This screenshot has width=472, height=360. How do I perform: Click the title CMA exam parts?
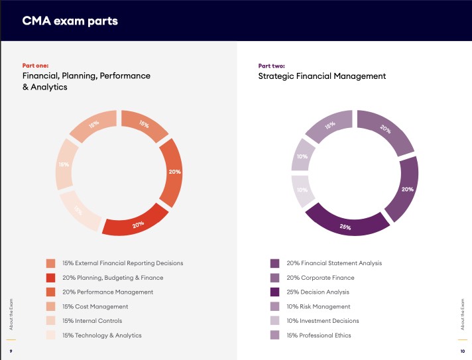70,21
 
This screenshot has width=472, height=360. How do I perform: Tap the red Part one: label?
36,66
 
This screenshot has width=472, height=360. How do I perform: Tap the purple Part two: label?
272,66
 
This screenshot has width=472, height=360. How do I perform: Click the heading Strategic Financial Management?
322,76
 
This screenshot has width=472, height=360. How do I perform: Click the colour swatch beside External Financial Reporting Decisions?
51,263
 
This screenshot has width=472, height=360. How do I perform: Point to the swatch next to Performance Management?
51,292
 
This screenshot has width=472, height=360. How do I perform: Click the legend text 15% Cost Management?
95,306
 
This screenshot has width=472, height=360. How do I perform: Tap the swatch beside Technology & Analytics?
51,335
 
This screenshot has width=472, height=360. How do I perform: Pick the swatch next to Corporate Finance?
275,278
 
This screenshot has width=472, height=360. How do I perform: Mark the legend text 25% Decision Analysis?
318,292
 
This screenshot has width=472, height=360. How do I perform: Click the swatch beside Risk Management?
275,306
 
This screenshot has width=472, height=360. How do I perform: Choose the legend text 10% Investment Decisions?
322,321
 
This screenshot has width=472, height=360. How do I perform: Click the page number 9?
10,351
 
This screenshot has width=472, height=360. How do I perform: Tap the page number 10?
462,351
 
